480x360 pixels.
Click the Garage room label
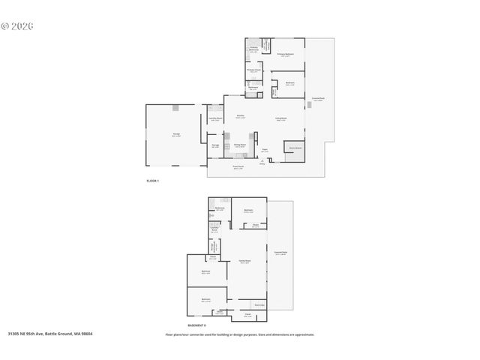[175, 135]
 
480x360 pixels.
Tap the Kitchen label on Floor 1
[240, 116]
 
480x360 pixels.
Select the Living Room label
[280, 119]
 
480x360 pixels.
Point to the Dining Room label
[240, 145]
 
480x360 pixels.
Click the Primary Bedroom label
[285, 55]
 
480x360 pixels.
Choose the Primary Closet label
[253, 71]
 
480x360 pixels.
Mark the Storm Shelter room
[295, 148]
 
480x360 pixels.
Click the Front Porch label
[238, 168]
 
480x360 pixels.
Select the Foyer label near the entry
[265, 151]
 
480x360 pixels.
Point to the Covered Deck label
[317, 99]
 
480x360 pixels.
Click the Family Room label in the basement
[244, 262]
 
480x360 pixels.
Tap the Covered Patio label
[280, 253]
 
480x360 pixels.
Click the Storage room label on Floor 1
[215, 145]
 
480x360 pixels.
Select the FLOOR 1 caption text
[152, 181]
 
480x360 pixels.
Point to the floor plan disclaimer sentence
[239, 334]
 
